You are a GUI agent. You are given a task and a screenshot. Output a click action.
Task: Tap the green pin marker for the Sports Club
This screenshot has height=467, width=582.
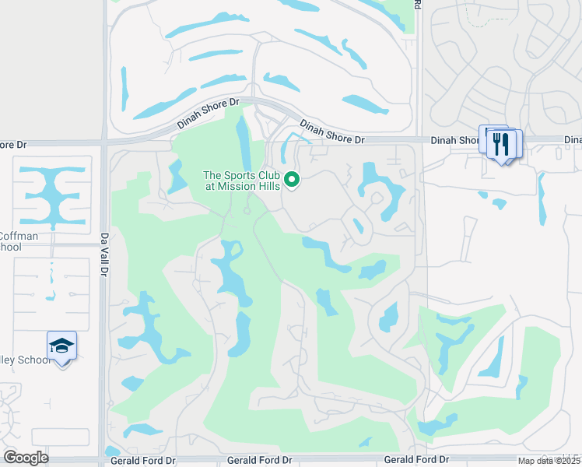(293, 180)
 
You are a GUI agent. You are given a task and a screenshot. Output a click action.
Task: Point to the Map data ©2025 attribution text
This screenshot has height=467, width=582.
(549, 461)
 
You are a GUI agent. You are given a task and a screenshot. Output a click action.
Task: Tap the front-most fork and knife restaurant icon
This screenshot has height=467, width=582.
(502, 144)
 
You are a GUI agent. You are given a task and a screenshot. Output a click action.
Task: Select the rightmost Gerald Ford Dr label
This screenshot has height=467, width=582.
(417, 461)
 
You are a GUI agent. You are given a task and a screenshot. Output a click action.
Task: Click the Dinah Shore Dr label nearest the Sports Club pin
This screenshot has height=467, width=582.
(332, 132)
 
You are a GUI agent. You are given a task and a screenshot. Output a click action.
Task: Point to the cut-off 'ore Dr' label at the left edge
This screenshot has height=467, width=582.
(13, 145)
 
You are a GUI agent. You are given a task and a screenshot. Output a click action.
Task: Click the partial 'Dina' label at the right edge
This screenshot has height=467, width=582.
(573, 140)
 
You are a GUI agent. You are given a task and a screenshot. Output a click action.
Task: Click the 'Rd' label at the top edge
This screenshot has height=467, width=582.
(418, 5)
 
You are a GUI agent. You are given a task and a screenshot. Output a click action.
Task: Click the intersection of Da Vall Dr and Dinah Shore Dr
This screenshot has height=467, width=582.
(103, 143)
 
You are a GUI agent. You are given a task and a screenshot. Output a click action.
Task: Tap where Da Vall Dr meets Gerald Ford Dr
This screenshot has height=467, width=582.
(103, 460)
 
